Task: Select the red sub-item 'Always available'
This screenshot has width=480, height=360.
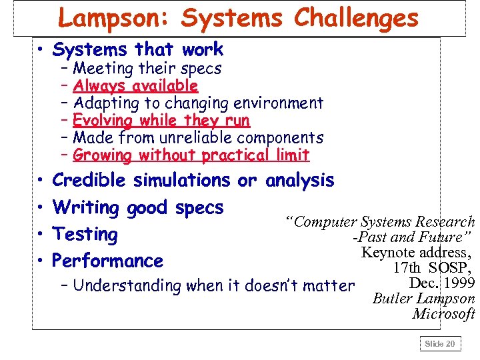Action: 135,85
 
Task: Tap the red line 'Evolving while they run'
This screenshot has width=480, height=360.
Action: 161,121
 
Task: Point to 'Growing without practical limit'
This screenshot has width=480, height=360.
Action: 191,155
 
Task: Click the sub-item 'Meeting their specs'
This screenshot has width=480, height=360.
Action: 147,68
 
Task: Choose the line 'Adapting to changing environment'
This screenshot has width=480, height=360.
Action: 198,103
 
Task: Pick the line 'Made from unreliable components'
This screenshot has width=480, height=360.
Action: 198,138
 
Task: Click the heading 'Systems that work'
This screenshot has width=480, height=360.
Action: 137,49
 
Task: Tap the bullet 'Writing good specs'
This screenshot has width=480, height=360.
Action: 137,207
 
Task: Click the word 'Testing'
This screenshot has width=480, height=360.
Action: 85,235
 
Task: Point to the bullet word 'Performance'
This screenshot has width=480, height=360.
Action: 107,261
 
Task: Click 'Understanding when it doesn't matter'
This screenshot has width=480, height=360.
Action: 213,286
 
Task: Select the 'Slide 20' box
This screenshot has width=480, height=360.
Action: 440,344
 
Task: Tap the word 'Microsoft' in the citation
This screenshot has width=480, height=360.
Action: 443,313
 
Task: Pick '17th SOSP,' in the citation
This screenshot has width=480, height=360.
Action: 433,268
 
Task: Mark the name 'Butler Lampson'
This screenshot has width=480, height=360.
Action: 423,299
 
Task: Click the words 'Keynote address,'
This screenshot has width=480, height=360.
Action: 417,253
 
